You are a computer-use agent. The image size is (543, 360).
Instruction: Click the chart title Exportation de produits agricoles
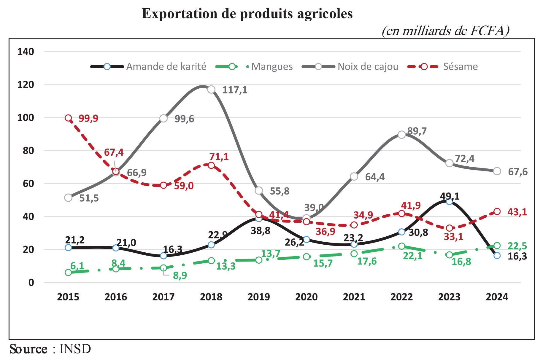click(247, 14)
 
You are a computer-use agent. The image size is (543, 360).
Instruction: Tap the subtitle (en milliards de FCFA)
click(445, 31)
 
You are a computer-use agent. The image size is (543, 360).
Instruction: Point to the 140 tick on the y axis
click(26, 52)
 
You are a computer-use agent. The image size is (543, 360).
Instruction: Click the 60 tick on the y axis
click(28, 184)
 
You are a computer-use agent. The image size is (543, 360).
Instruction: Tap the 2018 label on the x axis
click(211, 297)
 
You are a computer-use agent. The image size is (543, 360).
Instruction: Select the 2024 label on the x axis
click(497, 297)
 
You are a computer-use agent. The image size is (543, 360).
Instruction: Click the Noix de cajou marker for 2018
click(211, 90)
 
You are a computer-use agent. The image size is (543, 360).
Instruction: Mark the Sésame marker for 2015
click(68, 118)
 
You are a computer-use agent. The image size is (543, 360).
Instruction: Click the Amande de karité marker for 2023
click(449, 202)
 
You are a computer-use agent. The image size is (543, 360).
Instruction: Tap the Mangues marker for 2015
click(68, 273)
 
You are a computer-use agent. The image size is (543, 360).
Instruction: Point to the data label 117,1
click(235, 90)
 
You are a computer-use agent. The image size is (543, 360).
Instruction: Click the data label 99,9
click(88, 118)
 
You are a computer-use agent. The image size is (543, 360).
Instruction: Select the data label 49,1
click(450, 196)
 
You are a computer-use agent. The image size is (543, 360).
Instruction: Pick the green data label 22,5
click(517, 246)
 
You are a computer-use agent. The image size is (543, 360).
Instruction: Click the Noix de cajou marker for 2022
click(401, 135)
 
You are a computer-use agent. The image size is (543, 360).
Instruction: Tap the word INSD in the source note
click(75, 349)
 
